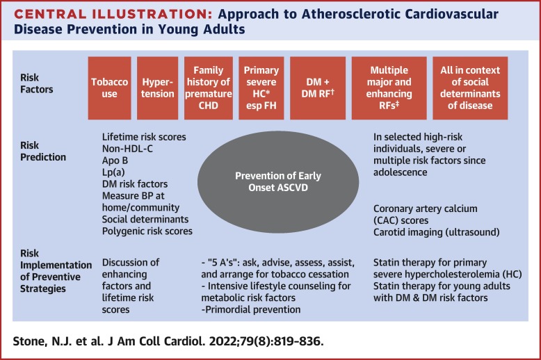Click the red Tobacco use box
click(109, 88)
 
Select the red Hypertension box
click(156, 88)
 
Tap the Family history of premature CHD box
click(208, 88)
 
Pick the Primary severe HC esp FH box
click(261, 88)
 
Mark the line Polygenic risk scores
click(147, 230)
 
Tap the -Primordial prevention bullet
click(249, 309)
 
